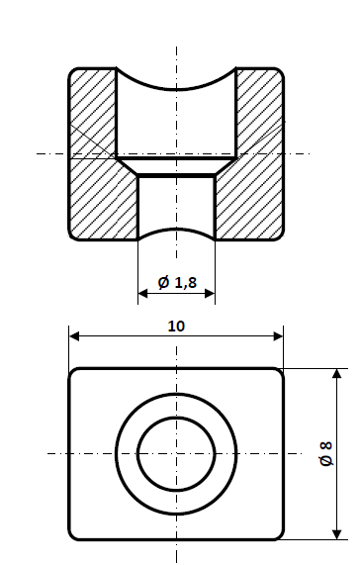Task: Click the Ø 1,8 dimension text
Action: point(177,284)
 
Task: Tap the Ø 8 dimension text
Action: point(325,454)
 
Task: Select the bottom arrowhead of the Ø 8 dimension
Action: point(337,534)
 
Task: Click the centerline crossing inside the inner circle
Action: point(176,453)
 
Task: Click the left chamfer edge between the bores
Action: point(127,166)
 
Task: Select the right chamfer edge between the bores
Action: point(225,166)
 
